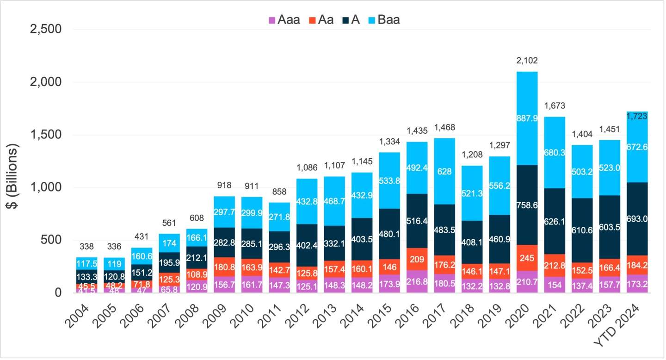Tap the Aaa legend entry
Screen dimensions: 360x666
[284, 20]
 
